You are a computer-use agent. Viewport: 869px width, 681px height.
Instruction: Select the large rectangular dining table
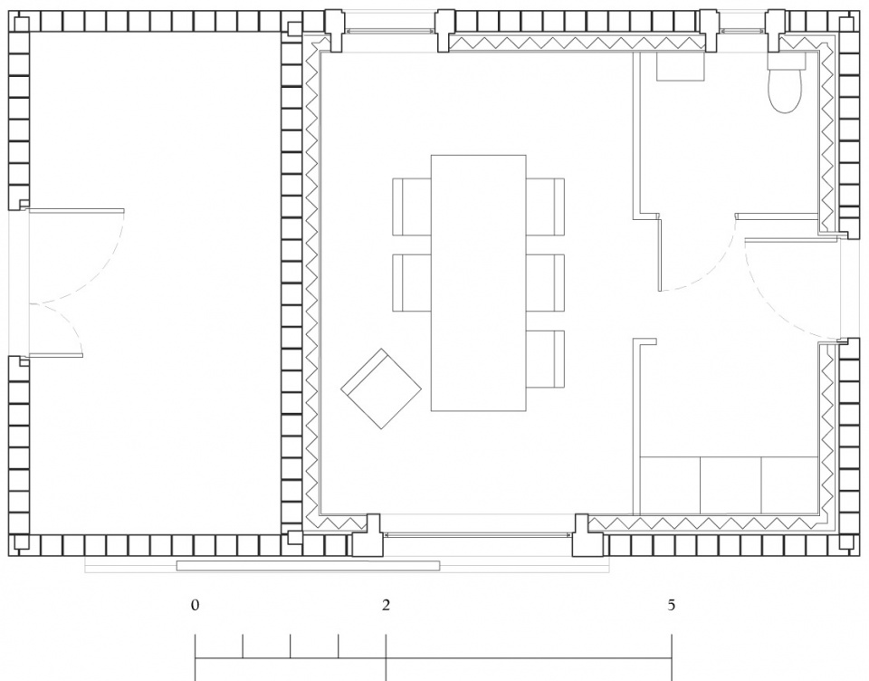point(478,283)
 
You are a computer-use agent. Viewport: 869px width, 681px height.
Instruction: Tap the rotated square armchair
point(381,388)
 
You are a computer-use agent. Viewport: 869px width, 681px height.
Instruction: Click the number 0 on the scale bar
point(195,605)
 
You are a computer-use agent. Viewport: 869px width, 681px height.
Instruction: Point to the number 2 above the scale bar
point(386,605)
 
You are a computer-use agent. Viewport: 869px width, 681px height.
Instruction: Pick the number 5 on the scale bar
point(672,605)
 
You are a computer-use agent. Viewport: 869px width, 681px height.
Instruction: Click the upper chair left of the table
point(412,206)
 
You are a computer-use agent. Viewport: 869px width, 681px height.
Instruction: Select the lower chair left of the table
point(412,283)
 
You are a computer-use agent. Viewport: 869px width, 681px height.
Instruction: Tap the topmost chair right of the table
point(545,206)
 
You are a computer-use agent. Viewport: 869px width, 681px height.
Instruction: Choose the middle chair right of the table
point(545,283)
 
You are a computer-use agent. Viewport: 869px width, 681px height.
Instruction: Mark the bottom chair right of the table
point(545,359)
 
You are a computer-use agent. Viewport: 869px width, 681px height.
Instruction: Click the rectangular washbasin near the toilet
point(681,66)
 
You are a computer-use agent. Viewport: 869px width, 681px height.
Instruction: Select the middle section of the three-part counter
point(731,485)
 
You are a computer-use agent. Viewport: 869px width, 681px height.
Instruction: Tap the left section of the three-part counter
point(671,485)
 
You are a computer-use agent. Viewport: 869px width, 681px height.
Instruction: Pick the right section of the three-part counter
point(790,485)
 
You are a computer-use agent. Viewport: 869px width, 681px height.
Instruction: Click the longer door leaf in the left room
point(76,211)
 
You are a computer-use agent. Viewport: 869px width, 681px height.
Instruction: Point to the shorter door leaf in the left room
point(55,355)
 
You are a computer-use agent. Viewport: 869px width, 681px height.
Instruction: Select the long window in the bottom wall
point(477,534)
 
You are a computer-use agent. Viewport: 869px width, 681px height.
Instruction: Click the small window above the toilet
point(742,30)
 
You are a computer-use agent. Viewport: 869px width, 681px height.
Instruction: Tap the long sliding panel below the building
point(308,566)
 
